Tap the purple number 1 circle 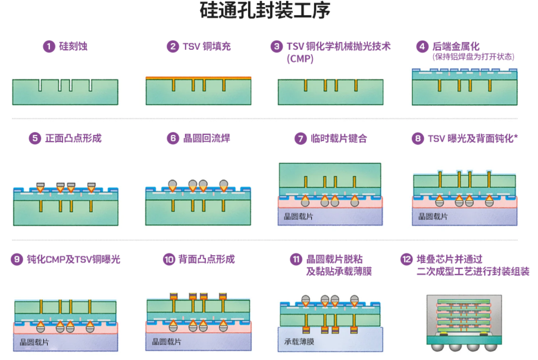49,46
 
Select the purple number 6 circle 173,139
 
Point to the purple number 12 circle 406,259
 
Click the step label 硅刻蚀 73,46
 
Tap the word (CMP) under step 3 300,59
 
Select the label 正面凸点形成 73,139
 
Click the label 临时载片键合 338,139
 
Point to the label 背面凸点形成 207,259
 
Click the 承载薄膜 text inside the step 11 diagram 299,342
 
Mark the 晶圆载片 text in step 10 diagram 167,342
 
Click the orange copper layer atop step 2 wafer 198,78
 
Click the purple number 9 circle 17,259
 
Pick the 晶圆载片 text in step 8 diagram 433,217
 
